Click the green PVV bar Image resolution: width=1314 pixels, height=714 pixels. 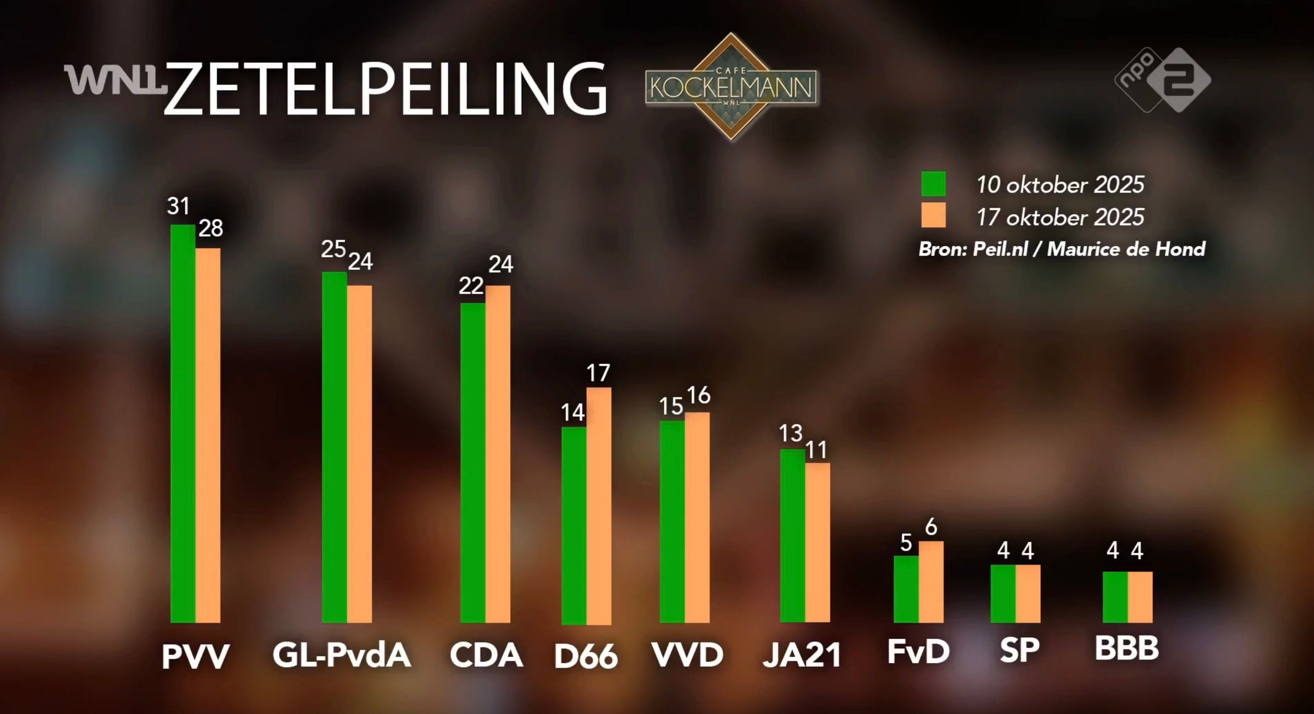(183, 424)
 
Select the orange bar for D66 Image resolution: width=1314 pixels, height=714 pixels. (599, 505)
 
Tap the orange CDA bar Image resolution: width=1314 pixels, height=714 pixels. (498, 454)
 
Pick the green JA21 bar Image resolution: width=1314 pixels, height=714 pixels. (793, 536)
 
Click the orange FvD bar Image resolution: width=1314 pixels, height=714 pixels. (932, 582)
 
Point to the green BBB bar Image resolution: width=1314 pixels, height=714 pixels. (1115, 597)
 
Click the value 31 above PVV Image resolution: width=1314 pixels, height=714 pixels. (179, 206)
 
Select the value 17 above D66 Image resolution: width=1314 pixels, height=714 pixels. (598, 373)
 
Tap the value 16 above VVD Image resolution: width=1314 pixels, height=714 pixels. (698, 395)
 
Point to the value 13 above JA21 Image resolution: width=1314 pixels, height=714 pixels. (791, 433)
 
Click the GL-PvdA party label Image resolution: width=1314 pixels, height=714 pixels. (342, 655)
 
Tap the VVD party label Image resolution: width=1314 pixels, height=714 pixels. (688, 655)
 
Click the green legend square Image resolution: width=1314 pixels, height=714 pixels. (933, 184)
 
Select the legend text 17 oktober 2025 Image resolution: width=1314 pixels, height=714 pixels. (1060, 217)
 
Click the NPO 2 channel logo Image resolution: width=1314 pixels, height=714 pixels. (1162, 80)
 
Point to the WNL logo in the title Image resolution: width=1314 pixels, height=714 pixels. (115, 80)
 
